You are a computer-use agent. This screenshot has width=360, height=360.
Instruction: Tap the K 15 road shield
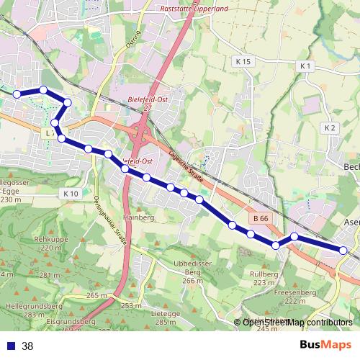pyautogui.click(x=243, y=62)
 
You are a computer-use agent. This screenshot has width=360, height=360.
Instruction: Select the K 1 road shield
pyautogui.click(x=306, y=66)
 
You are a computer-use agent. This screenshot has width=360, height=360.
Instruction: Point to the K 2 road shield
pyautogui.click(x=330, y=127)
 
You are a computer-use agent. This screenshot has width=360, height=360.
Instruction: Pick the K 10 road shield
pyautogui.click(x=70, y=194)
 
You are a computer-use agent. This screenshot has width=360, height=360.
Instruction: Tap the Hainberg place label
pyautogui.click(x=139, y=217)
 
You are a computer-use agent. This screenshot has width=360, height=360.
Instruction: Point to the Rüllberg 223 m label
pyautogui.click(x=264, y=279)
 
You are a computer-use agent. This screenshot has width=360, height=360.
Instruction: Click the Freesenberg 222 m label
pyautogui.click(x=296, y=297)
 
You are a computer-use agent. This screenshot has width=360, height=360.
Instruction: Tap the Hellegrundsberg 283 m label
pyautogui.click(x=25, y=310)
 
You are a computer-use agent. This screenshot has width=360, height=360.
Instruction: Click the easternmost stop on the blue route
pyautogui.click(x=343, y=251)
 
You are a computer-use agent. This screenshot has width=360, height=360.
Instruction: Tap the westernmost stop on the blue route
pyautogui.click(x=17, y=94)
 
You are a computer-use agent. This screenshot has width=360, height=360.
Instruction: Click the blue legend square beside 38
pyautogui.click(x=11, y=346)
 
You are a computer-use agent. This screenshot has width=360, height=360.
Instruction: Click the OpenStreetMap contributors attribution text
pyautogui.click(x=297, y=323)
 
